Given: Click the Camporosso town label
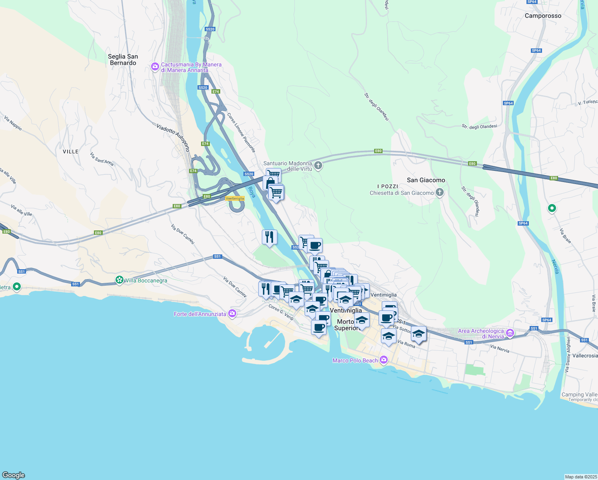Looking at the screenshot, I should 543,16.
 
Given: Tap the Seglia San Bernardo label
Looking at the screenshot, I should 123,60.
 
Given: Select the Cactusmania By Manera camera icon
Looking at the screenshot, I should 155,67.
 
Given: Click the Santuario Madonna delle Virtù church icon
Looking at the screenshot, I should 318,166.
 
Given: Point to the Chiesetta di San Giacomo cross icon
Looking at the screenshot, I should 439,193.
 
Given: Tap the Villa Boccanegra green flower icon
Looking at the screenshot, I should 119,280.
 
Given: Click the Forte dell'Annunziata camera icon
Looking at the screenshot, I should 232,314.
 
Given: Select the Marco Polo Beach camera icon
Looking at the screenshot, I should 384,360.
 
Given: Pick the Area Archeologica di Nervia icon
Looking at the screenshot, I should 510,333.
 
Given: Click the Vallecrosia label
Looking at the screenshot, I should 585,356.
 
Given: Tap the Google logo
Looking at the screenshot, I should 13,475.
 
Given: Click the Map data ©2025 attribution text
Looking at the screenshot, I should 581,477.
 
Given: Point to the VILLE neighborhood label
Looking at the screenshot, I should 71,152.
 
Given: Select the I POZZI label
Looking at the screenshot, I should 388,186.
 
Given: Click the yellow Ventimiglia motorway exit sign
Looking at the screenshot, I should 235,198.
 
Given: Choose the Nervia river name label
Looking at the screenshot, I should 555,267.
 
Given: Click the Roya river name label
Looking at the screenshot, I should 251,192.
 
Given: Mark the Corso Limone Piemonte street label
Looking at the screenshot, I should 241,132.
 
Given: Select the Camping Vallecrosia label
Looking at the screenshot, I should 579,395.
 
